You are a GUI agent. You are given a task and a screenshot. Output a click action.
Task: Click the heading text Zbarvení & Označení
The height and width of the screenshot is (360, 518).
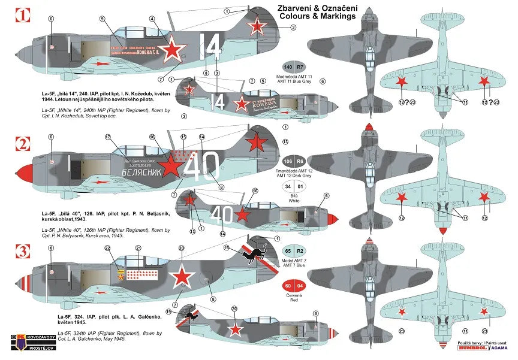click(x=316, y=8)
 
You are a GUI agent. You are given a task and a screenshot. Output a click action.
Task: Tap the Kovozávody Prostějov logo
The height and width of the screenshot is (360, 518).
click(x=23, y=346)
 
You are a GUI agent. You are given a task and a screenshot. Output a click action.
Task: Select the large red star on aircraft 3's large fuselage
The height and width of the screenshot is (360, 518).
click(x=181, y=277)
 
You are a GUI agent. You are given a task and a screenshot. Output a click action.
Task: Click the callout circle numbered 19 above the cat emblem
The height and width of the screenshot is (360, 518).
click(x=227, y=247)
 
